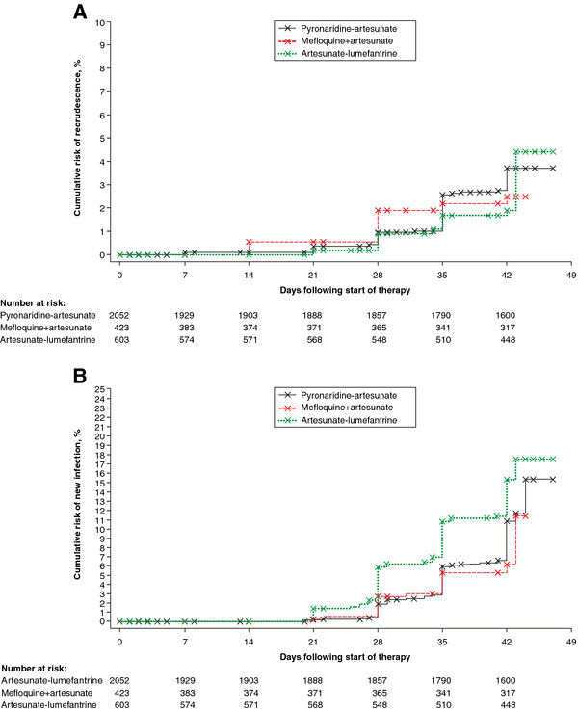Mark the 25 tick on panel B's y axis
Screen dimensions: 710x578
click(x=102, y=390)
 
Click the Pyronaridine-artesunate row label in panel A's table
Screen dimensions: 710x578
click(x=46, y=315)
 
